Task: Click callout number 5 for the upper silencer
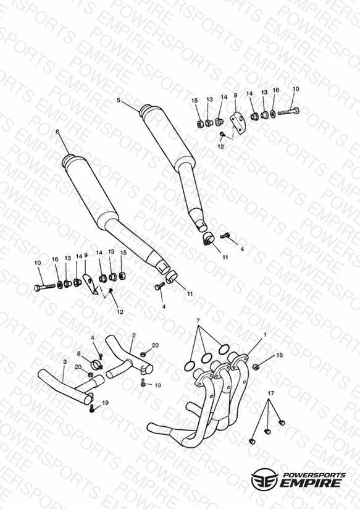pyautogui.click(x=119, y=100)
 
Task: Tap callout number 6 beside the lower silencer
pyautogui.click(x=57, y=132)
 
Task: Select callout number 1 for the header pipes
pyautogui.click(x=265, y=334)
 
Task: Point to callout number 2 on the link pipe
pyautogui.click(x=134, y=335)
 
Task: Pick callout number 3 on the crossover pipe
pyautogui.click(x=65, y=361)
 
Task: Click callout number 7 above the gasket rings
pyautogui.click(x=198, y=321)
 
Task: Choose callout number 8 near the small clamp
pyautogui.click(x=78, y=353)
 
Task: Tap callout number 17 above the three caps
pyautogui.click(x=270, y=393)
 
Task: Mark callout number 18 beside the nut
pyautogui.click(x=280, y=355)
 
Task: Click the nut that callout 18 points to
pyautogui.click(x=256, y=367)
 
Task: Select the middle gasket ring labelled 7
pyautogui.click(x=206, y=358)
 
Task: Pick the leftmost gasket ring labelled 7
pyautogui.click(x=189, y=366)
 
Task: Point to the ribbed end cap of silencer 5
pyautogui.click(x=146, y=110)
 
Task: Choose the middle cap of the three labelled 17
pyautogui.click(x=267, y=431)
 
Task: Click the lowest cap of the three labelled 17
pyautogui.click(x=252, y=441)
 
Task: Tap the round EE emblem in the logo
pyautogui.click(x=265, y=479)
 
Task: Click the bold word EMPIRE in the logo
pyautogui.click(x=310, y=483)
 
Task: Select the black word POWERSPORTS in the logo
pyautogui.click(x=314, y=475)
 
